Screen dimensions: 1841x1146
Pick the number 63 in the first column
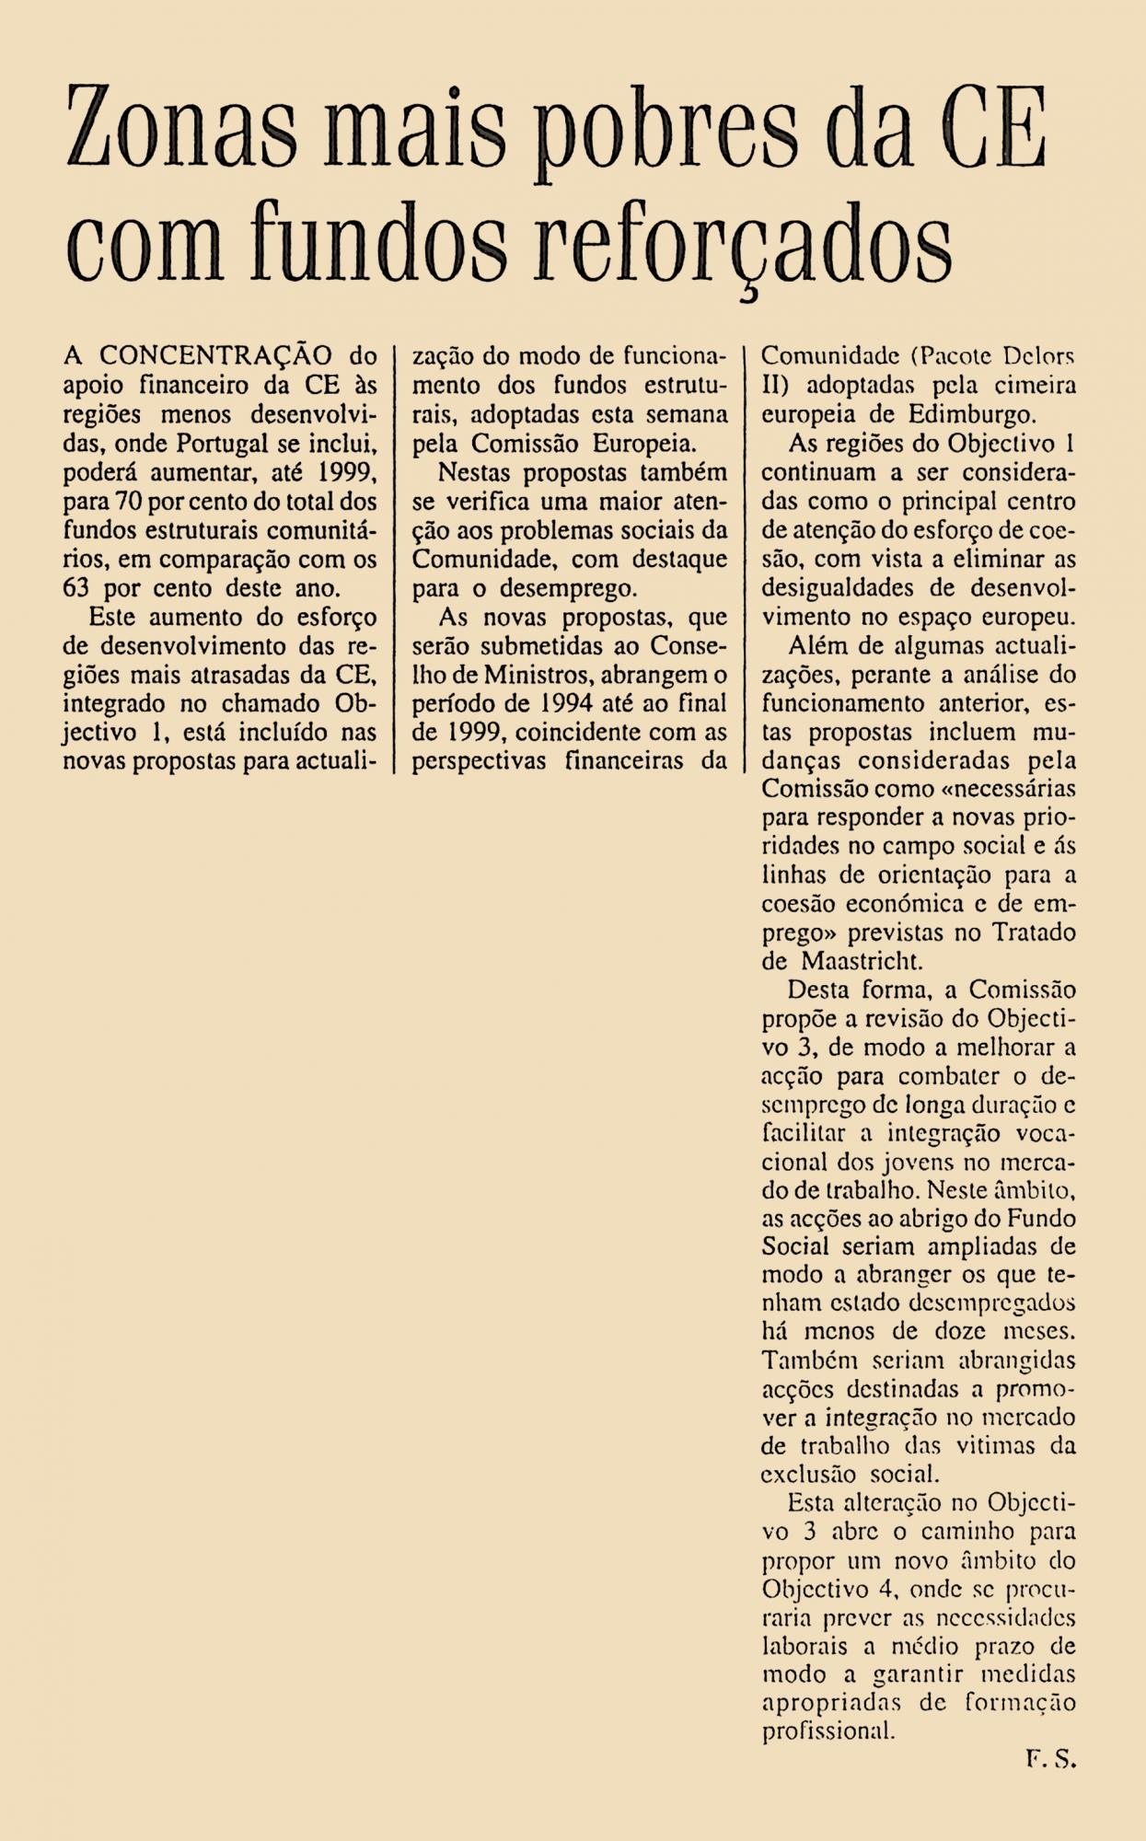(x=80, y=588)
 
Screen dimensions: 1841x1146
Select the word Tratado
(x=1033, y=932)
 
